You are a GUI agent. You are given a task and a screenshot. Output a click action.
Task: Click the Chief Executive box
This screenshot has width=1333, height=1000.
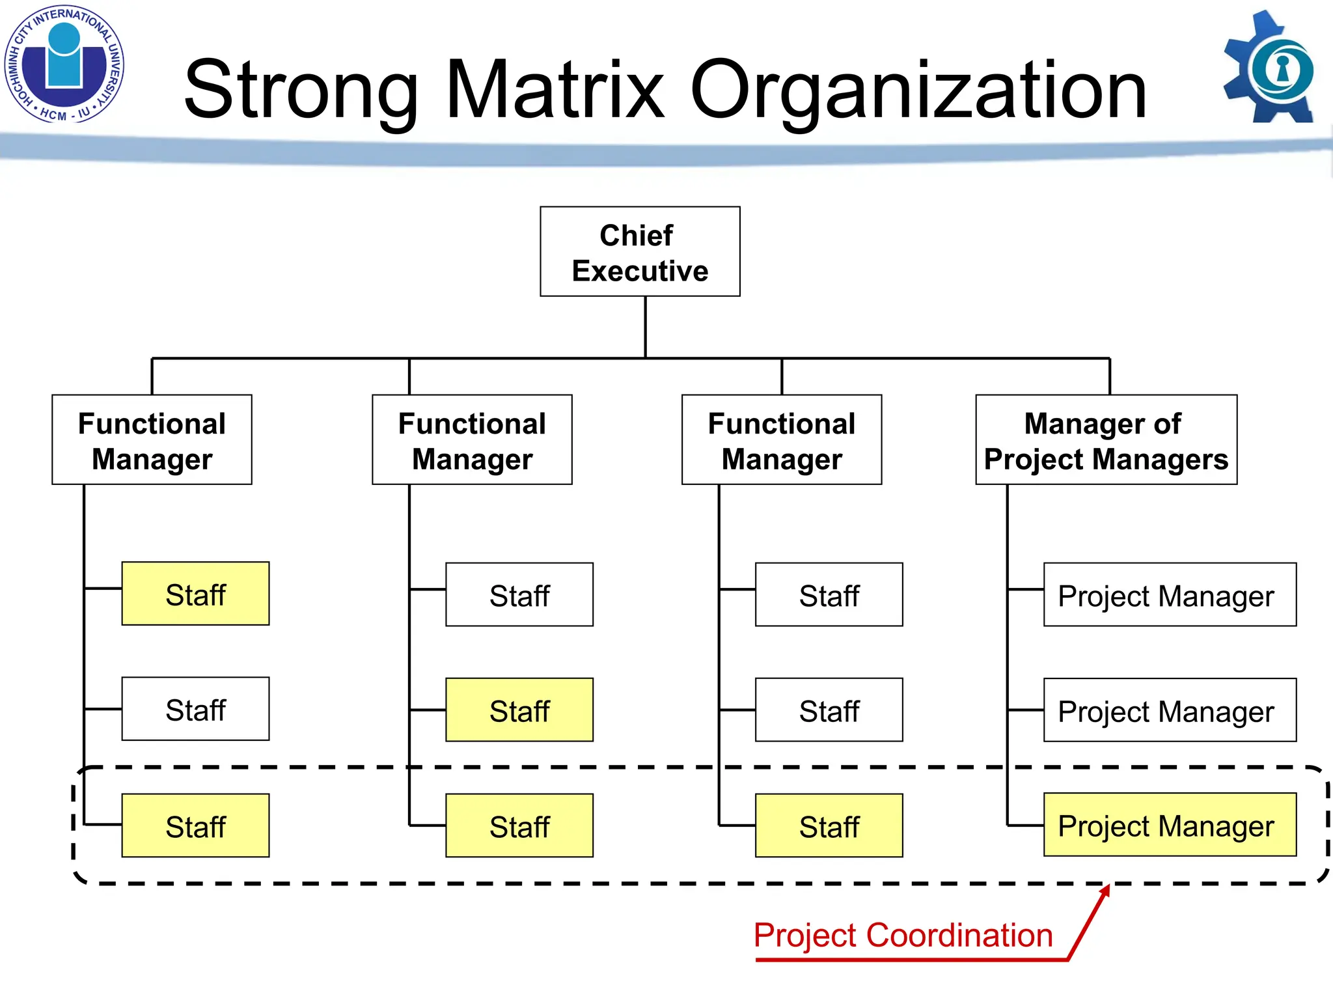[x=640, y=252]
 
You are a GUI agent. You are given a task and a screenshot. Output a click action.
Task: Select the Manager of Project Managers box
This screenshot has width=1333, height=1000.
[x=1106, y=440]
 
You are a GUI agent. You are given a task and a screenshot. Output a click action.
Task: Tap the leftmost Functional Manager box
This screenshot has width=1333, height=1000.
[x=152, y=440]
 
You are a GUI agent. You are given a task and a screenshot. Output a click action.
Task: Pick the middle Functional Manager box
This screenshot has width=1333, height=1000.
[x=472, y=440]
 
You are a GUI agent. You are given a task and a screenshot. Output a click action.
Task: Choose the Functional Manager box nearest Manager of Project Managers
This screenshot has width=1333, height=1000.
[x=782, y=440]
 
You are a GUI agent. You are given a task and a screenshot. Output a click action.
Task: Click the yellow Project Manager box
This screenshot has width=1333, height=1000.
[x=1170, y=825]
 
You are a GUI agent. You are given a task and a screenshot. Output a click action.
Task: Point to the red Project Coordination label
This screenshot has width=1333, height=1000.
[x=903, y=936]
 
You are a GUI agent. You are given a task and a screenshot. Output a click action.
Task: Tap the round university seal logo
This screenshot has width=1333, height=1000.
[x=64, y=64]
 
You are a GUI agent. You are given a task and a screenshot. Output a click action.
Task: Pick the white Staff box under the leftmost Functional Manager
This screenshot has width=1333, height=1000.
[x=195, y=709]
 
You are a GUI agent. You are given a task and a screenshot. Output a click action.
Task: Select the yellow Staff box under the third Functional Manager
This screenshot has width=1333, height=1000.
[x=829, y=826]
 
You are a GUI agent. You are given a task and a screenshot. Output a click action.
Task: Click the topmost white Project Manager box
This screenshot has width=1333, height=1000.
[x=1170, y=594]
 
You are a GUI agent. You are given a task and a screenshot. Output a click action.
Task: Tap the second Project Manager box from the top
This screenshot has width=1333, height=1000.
[x=1170, y=710]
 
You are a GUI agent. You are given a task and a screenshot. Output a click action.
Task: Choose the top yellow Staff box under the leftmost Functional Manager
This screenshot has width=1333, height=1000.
[x=195, y=594]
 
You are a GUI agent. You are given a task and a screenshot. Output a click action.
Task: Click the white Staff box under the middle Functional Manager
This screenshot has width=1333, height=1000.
[x=519, y=594]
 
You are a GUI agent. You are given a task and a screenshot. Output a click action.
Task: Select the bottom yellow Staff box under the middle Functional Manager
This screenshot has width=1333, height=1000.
[x=519, y=826]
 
